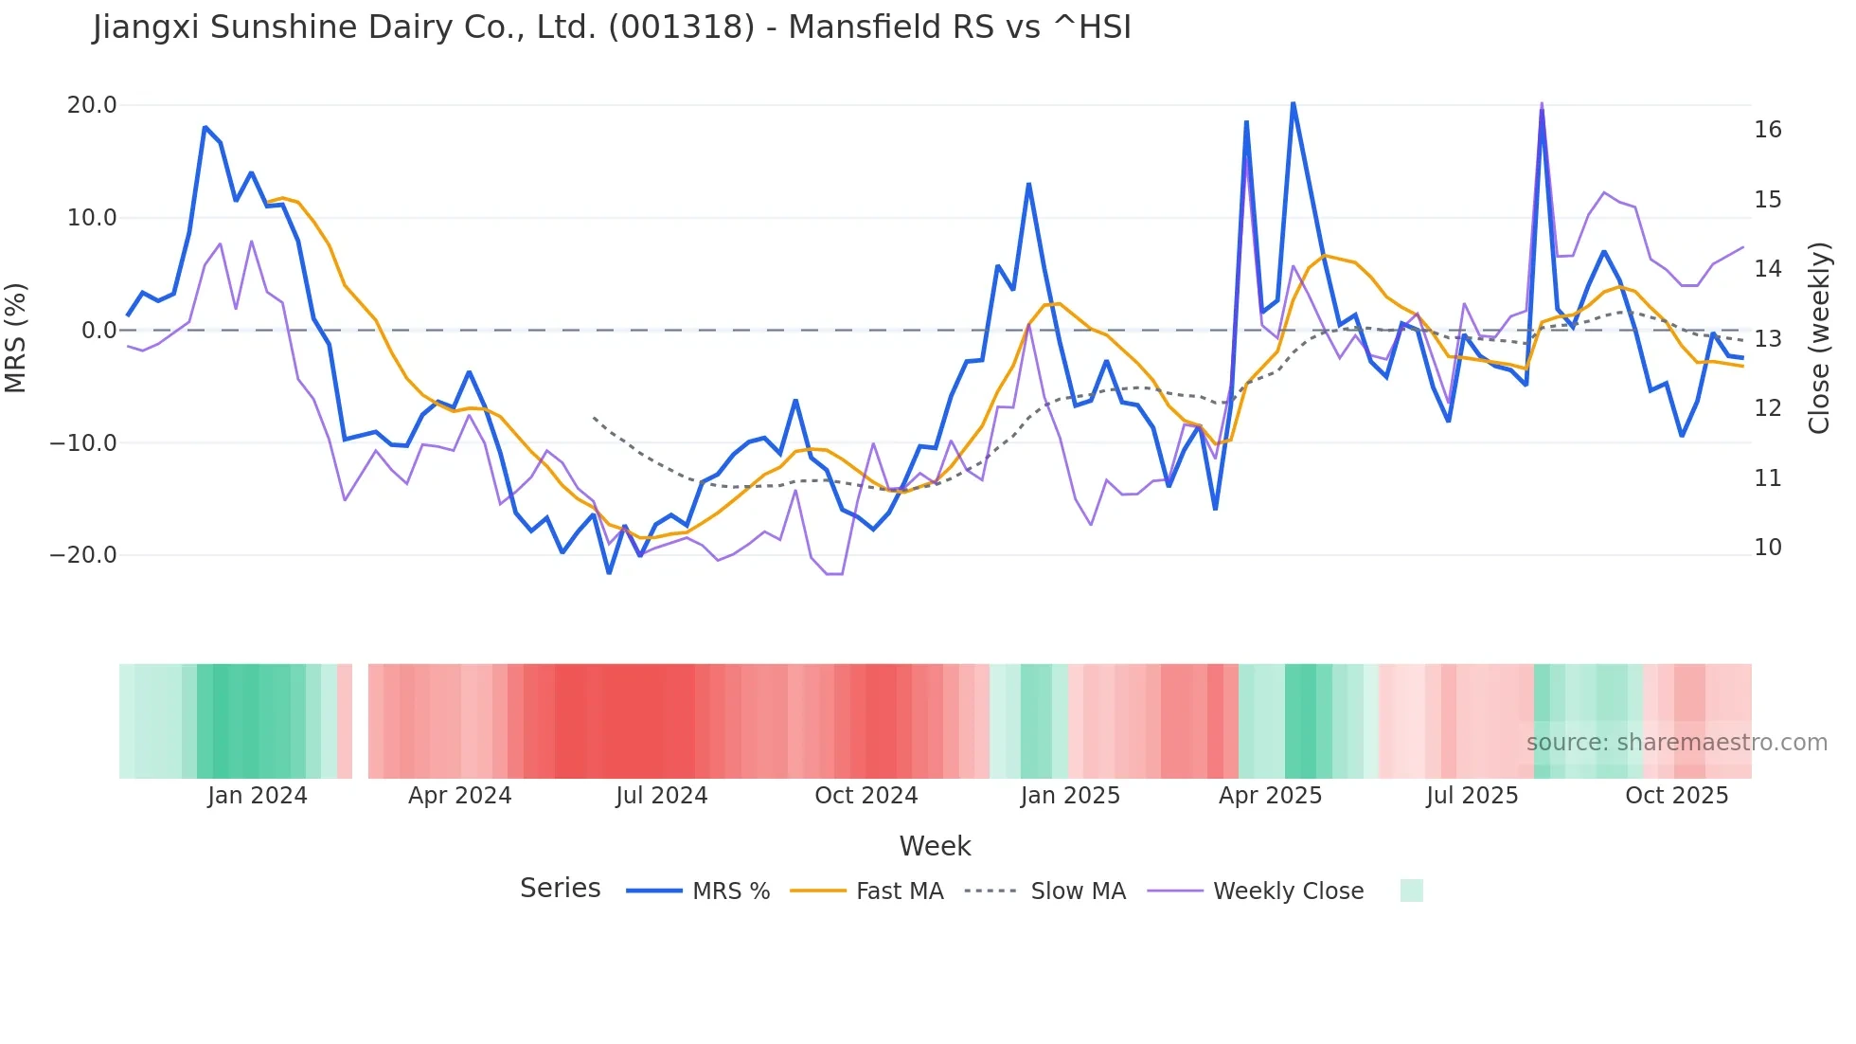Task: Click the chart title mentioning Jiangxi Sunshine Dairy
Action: pyautogui.click(x=612, y=27)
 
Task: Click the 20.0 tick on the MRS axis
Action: pyautogui.click(x=91, y=105)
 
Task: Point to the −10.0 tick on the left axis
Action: pyautogui.click(x=83, y=443)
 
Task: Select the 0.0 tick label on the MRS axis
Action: pyautogui.click(x=98, y=331)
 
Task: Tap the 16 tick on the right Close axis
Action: pyautogui.click(x=1767, y=130)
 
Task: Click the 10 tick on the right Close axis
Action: pyautogui.click(x=1767, y=548)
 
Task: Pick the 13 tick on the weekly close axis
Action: pyautogui.click(x=1767, y=339)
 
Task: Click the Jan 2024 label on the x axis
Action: pyautogui.click(x=258, y=796)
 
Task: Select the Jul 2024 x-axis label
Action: pyautogui.click(x=661, y=796)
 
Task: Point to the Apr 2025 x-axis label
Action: pyautogui.click(x=1270, y=796)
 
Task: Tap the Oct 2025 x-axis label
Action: pyautogui.click(x=1676, y=796)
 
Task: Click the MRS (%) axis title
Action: pyautogui.click(x=16, y=337)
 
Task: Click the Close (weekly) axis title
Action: pyautogui.click(x=1818, y=337)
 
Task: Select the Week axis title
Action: pyautogui.click(x=935, y=846)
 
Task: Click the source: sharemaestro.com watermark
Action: pyautogui.click(x=1676, y=743)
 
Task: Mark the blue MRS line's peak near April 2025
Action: pyautogui.click(x=1293, y=103)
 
